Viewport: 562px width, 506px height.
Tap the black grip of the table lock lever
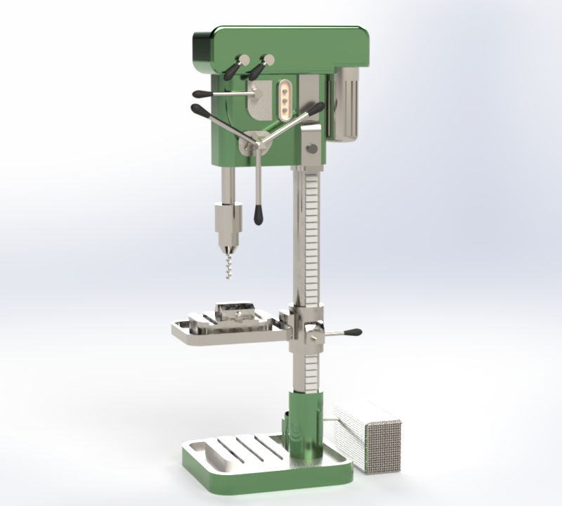point(351,332)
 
